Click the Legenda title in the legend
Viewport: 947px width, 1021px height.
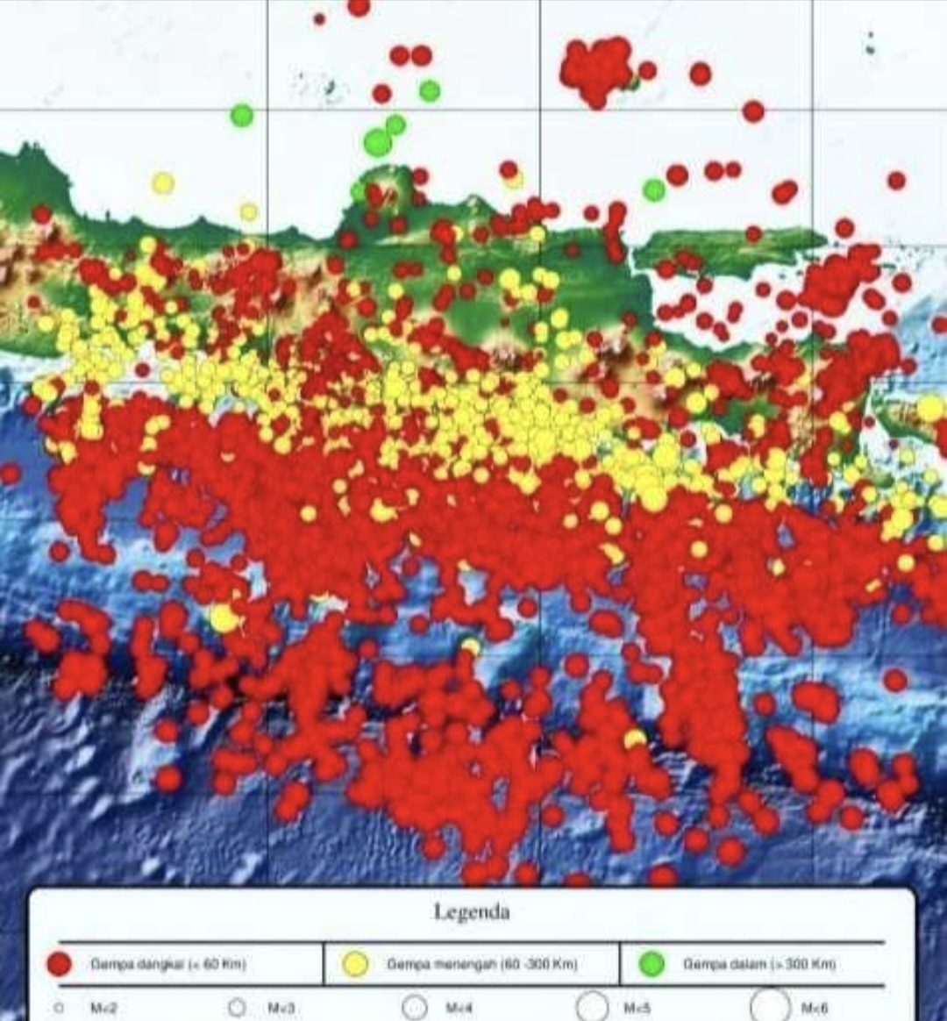click(471, 912)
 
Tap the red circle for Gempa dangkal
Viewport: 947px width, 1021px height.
click(59, 965)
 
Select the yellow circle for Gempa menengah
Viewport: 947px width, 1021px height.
click(354, 965)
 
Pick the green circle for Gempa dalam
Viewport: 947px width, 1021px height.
click(652, 965)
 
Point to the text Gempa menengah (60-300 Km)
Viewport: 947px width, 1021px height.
click(481, 964)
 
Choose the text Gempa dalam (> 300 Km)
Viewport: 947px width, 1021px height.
click(758, 964)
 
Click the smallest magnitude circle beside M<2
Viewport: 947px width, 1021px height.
click(59, 1008)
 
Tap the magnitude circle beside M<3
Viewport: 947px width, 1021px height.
click(237, 1008)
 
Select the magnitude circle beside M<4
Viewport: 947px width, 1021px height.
click(415, 1008)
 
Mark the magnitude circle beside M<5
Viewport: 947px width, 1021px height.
click(592, 1007)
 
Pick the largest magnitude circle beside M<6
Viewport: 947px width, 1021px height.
click(770, 1006)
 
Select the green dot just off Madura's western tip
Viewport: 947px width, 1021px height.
click(654, 189)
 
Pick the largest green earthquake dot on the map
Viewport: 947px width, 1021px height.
click(378, 142)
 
